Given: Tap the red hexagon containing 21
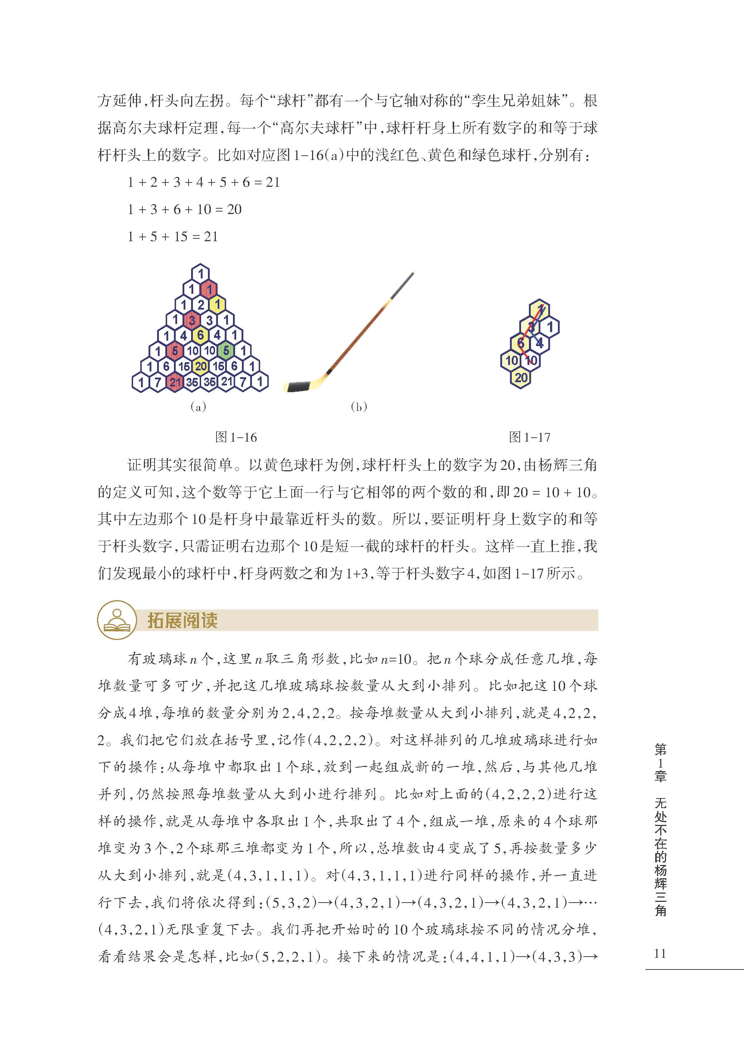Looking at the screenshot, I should [x=175, y=382].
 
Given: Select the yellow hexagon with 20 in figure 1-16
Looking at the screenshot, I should [x=201, y=366].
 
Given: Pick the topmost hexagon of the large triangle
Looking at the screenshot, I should [x=200, y=273].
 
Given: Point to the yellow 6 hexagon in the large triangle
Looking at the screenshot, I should [x=200, y=335].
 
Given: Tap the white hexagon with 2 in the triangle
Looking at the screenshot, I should [x=200, y=304].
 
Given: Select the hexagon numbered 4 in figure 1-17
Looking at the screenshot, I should [x=540, y=343].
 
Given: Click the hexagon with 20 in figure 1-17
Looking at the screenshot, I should [x=521, y=378].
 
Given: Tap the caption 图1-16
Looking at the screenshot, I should [x=236, y=437].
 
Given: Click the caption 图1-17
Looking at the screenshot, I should [x=530, y=437].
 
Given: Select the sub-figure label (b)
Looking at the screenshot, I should [x=359, y=407].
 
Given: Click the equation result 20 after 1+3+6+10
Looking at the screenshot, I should [x=234, y=209].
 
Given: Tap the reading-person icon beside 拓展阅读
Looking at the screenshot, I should [x=117, y=620].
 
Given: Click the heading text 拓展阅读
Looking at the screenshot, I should [x=183, y=620].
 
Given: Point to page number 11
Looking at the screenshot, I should [x=660, y=953].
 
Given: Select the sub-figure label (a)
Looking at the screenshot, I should [x=198, y=407].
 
